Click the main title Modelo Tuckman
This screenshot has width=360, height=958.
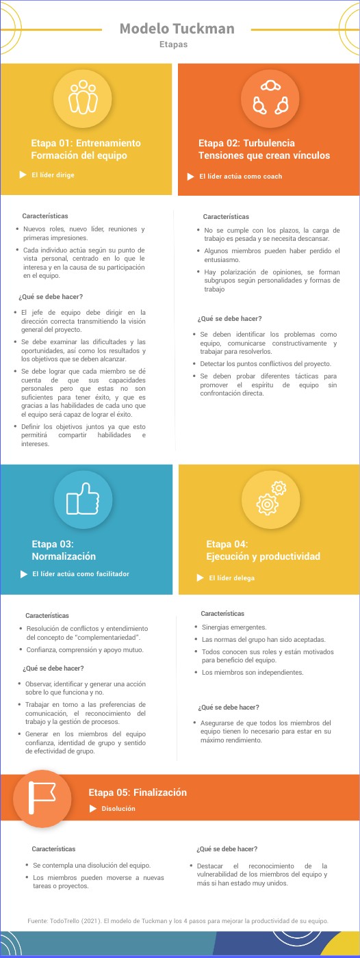pyautogui.click(x=177, y=28)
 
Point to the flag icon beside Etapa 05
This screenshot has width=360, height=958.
pyautogui.click(x=42, y=798)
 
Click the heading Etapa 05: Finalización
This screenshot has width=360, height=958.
pyautogui.click(x=138, y=792)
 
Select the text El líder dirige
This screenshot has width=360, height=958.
pyautogui.click(x=53, y=175)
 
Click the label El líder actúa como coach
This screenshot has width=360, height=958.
pyautogui.click(x=240, y=177)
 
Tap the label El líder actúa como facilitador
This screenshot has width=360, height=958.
pyautogui.click(x=81, y=574)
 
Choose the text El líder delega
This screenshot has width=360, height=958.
pyautogui.click(x=231, y=578)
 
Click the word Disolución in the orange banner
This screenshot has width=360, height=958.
pyautogui.click(x=118, y=808)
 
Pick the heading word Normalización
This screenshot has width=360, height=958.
pyautogui.click(x=64, y=556)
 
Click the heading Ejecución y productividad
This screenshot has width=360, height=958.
pyautogui.click(x=263, y=556)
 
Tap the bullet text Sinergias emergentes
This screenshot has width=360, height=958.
pyautogui.click(x=234, y=627)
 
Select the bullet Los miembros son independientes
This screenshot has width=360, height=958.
pyautogui.click(x=253, y=673)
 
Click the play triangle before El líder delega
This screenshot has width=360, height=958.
pyautogui.click(x=201, y=578)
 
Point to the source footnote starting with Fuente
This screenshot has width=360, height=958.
pyautogui.click(x=178, y=920)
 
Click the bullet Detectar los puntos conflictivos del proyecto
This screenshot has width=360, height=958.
pyautogui.click(x=266, y=363)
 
